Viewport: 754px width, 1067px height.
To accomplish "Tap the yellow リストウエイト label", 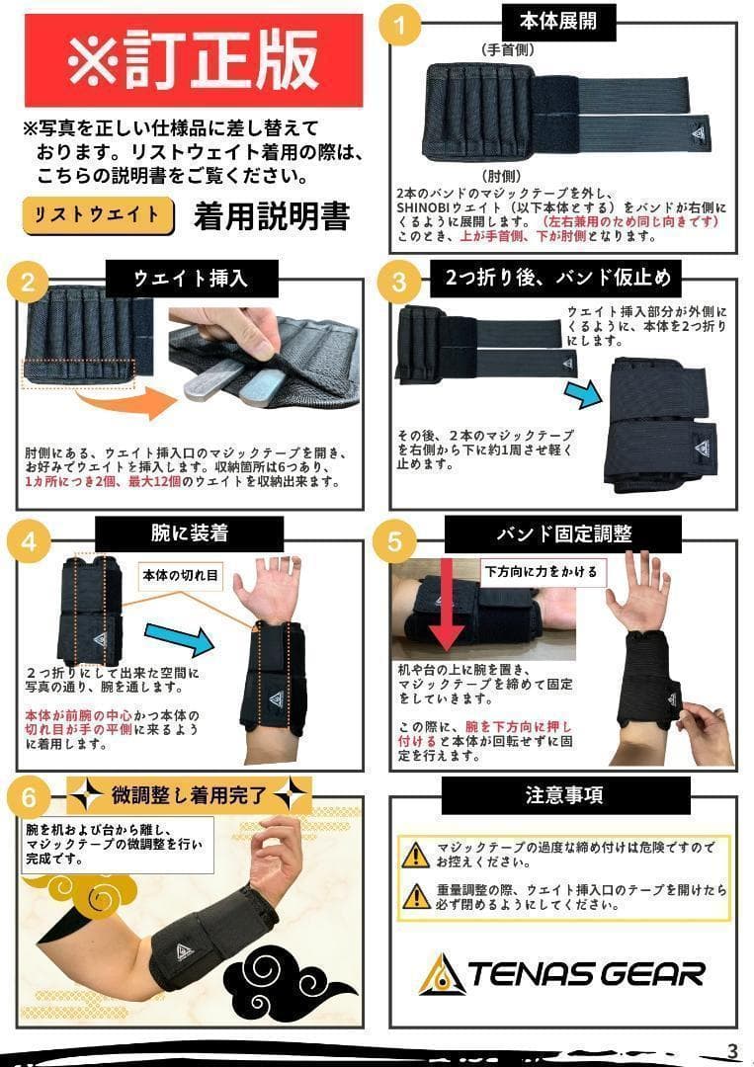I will (x=98, y=214).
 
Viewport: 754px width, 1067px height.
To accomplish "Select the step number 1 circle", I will (x=399, y=28).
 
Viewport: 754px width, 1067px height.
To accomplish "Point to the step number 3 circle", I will (x=399, y=282).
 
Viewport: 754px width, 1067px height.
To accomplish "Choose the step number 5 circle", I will (x=395, y=541).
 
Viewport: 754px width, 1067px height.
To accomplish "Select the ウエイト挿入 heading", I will (x=192, y=279).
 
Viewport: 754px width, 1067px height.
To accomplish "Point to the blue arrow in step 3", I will (x=583, y=393).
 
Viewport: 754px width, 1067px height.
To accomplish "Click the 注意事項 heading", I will (x=564, y=794).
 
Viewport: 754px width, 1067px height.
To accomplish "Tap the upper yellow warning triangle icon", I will (x=416, y=854).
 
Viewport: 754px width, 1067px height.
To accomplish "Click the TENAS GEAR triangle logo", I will (x=442, y=974).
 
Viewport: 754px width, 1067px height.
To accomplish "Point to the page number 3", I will (x=732, y=1049).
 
